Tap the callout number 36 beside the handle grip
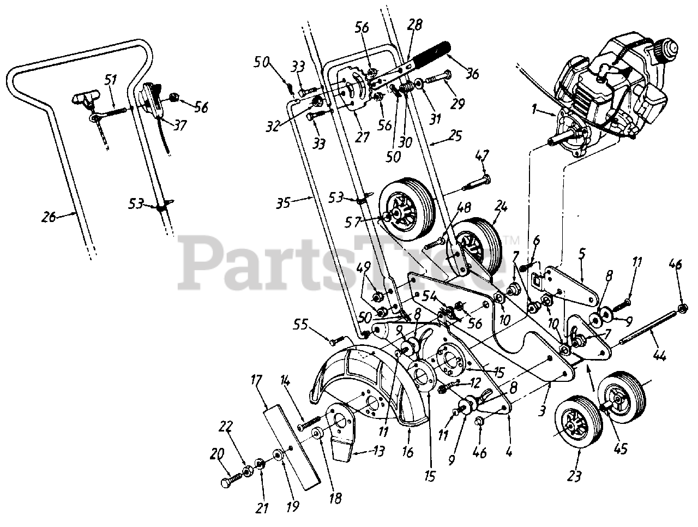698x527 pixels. point(472,74)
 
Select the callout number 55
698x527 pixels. point(315,326)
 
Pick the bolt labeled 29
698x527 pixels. point(439,77)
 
